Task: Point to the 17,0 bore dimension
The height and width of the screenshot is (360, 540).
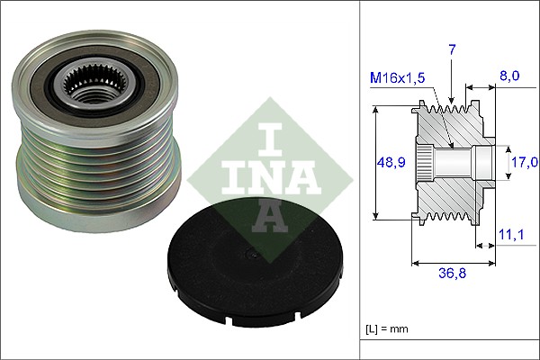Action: pos(525,162)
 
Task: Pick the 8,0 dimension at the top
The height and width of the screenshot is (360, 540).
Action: pos(509,78)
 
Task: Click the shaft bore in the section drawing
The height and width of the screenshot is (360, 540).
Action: pos(454,163)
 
